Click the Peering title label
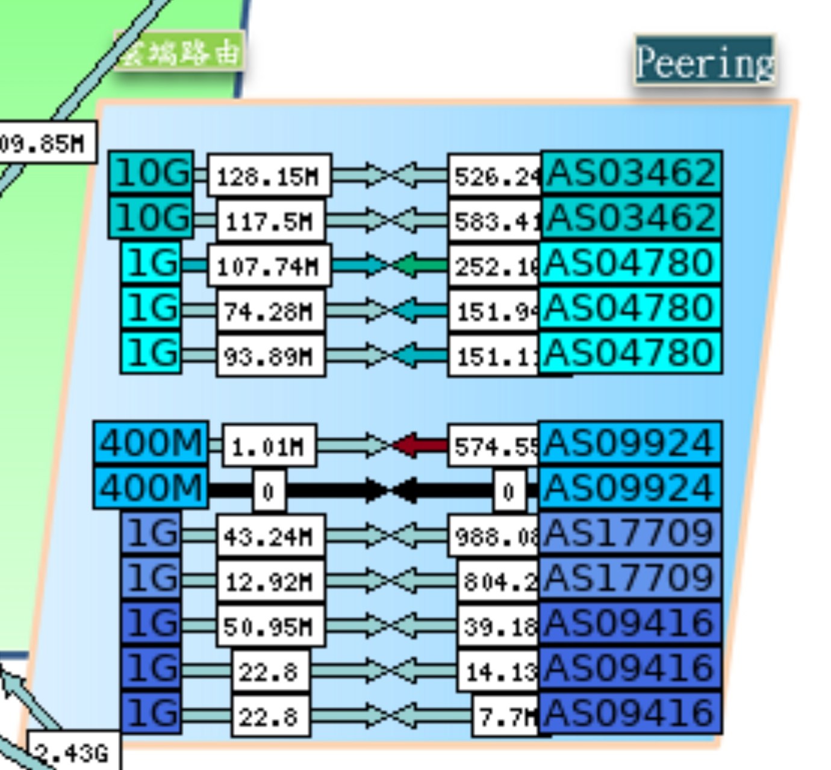704,61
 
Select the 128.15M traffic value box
269,176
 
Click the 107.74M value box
269,265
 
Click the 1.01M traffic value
269,446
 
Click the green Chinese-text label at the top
179,52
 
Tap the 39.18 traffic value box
499,626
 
